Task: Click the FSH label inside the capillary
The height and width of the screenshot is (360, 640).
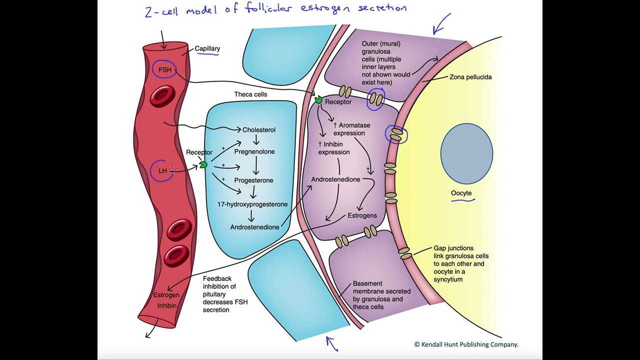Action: (165, 70)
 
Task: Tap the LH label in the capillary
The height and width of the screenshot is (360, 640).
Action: (162, 171)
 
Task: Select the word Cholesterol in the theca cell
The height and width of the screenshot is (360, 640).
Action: (259, 130)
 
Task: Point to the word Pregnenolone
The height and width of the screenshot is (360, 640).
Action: (254, 151)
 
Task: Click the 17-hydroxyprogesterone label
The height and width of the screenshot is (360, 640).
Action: (252, 204)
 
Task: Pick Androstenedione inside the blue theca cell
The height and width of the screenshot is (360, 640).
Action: (254, 227)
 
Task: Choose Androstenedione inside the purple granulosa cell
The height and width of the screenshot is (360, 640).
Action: (335, 179)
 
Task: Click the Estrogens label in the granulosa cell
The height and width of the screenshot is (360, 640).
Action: (362, 216)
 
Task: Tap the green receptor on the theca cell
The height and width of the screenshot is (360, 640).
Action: (203, 164)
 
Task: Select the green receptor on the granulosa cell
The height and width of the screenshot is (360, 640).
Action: (318, 100)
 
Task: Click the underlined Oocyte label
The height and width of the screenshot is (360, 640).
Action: (461, 193)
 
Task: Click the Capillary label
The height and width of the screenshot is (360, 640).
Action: (207, 48)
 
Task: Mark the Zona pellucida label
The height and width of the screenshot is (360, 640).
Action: (470, 77)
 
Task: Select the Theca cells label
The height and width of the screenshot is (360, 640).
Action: (250, 94)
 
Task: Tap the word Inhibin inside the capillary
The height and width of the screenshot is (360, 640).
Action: (167, 305)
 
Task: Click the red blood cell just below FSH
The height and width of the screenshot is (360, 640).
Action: (162, 96)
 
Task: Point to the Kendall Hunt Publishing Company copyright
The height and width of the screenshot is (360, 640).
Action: (466, 344)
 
